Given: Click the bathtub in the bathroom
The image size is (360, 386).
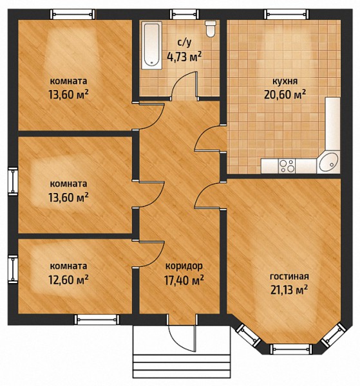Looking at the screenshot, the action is click(x=151, y=45).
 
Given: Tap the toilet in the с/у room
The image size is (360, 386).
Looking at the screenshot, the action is click(x=211, y=28).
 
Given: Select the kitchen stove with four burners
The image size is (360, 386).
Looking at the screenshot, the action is click(x=287, y=166).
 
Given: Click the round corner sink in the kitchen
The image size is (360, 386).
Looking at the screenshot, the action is click(x=328, y=161).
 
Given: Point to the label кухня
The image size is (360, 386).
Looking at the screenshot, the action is click(x=285, y=81).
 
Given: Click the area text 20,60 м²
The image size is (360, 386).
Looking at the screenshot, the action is click(x=285, y=94).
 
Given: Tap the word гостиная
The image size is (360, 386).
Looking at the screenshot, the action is click(x=289, y=277).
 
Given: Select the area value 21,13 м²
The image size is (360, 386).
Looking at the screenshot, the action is click(x=289, y=289).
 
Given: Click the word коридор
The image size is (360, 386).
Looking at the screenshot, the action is click(x=184, y=266).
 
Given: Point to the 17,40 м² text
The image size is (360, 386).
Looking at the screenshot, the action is click(x=184, y=280).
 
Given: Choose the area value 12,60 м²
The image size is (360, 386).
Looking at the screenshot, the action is click(x=68, y=280).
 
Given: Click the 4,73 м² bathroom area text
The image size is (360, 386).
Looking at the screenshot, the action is click(x=184, y=57).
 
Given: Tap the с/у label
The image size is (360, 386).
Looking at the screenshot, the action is click(x=184, y=42).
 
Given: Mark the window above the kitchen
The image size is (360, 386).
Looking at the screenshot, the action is click(x=287, y=14).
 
